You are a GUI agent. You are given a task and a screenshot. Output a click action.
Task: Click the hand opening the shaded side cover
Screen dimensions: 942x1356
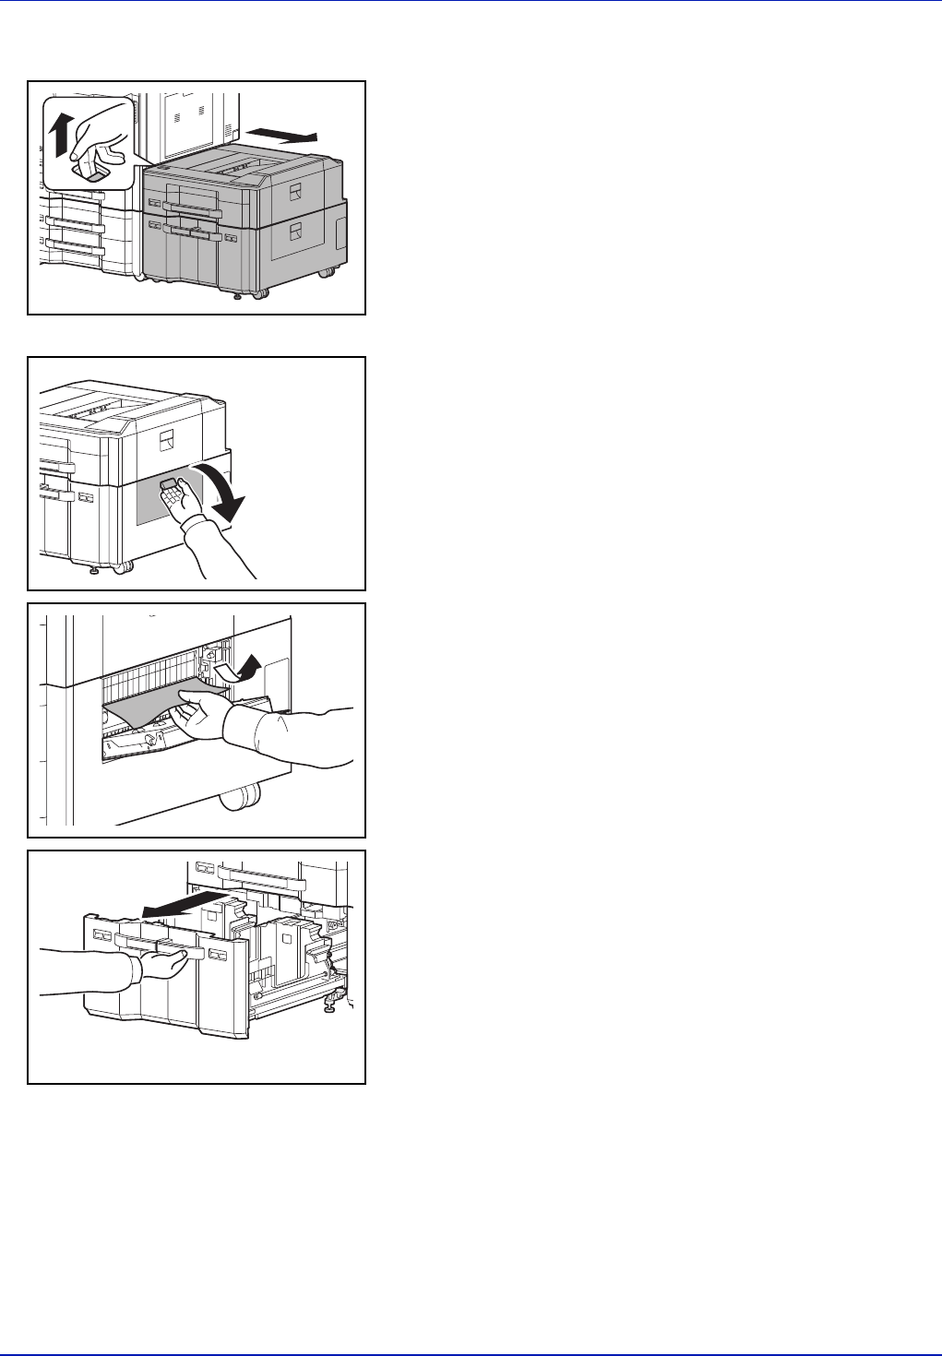[x=198, y=521]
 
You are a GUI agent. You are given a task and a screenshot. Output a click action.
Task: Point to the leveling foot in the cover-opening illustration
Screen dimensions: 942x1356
[x=94, y=571]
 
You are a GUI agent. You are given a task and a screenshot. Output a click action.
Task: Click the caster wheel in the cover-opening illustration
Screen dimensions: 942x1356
[x=122, y=568]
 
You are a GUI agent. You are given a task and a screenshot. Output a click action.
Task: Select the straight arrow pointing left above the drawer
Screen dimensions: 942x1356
[x=184, y=905]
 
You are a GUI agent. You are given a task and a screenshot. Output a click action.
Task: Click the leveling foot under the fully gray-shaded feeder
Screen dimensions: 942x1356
[x=237, y=297]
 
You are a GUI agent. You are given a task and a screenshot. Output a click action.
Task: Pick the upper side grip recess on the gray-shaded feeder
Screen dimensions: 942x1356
[x=295, y=192]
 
